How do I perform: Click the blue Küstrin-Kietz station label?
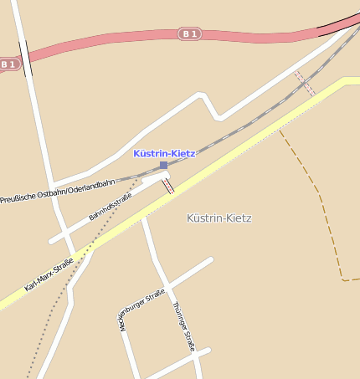coord(164,154)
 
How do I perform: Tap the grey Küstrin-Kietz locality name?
coord(219,218)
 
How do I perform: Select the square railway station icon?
coord(164,166)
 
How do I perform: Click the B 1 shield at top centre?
coord(190,33)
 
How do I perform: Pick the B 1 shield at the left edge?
coord(8,64)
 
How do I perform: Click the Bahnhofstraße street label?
coord(111,206)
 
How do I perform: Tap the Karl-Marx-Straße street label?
coord(49,274)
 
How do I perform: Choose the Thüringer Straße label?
coord(183,325)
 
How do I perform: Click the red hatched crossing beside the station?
coord(168,185)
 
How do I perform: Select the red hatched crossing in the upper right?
coord(304,83)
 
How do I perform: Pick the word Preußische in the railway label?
coord(18,198)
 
